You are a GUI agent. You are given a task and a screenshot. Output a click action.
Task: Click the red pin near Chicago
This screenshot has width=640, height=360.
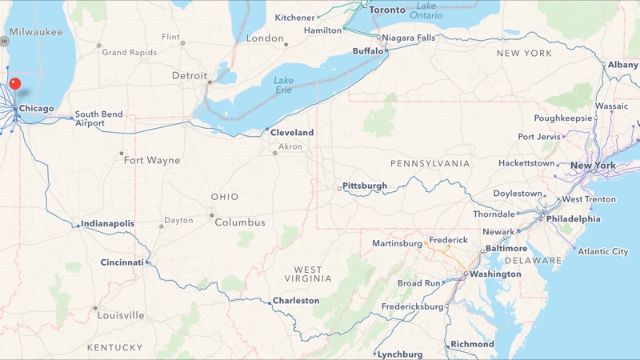tap(14, 84)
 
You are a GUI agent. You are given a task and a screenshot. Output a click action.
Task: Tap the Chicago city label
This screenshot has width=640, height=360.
tap(37, 109)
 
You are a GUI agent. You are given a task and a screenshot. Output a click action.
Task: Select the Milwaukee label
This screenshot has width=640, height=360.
tap(37, 32)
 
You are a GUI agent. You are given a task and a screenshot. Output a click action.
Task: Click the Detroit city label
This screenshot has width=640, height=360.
tap(190, 76)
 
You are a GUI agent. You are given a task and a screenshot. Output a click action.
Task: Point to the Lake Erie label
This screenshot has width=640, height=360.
tap(283, 85)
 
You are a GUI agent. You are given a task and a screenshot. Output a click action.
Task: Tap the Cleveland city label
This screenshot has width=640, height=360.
tap(292, 132)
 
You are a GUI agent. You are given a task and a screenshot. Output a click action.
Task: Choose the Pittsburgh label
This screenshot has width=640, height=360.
tap(365, 186)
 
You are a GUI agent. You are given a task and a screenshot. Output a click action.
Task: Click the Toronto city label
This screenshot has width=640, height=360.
tap(388, 10)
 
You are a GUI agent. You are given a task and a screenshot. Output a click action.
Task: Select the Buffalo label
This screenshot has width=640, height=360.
tap(369, 51)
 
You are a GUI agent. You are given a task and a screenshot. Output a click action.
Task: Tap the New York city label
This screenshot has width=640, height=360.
tap(593, 166)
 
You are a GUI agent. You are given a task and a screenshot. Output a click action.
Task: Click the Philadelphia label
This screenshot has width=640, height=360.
tap(574, 218)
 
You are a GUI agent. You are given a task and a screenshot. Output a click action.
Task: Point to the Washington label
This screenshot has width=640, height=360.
tap(495, 274)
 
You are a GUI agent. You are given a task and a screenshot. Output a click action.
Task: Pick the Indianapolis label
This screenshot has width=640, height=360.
tap(108, 224)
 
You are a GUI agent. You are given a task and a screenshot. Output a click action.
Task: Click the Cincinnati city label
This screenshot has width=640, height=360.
tap(122, 262)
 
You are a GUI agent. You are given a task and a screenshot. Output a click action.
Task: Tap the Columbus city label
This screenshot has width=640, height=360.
tap(240, 222)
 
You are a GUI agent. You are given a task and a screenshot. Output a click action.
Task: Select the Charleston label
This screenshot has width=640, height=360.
tap(296, 301)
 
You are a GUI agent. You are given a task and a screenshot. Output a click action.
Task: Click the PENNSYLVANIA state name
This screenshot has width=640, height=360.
tap(430, 163)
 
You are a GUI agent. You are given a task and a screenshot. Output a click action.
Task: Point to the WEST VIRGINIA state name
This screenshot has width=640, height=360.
tap(308, 274)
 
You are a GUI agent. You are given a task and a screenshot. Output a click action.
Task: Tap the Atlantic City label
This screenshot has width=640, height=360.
tap(603, 251)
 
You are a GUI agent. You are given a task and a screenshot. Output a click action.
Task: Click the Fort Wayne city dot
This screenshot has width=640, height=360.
tap(122, 154)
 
